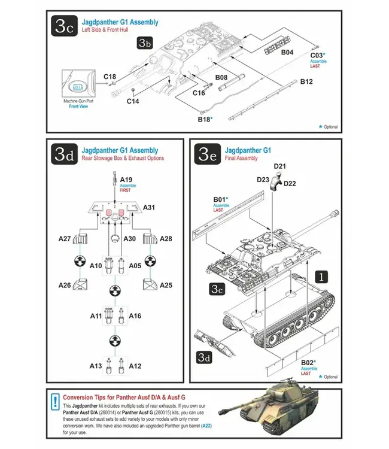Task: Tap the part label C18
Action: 110,77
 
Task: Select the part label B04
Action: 287,53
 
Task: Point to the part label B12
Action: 306,81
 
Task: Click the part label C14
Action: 133,101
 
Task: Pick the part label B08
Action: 221,77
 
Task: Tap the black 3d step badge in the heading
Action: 64,155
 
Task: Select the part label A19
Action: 126,179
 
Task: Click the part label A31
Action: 150,207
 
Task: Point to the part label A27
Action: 65,239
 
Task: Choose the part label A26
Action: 65,285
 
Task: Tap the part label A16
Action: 135,315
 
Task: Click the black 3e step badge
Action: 206,155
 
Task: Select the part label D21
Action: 280,166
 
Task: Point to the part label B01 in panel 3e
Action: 220,198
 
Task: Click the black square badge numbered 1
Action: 321,277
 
